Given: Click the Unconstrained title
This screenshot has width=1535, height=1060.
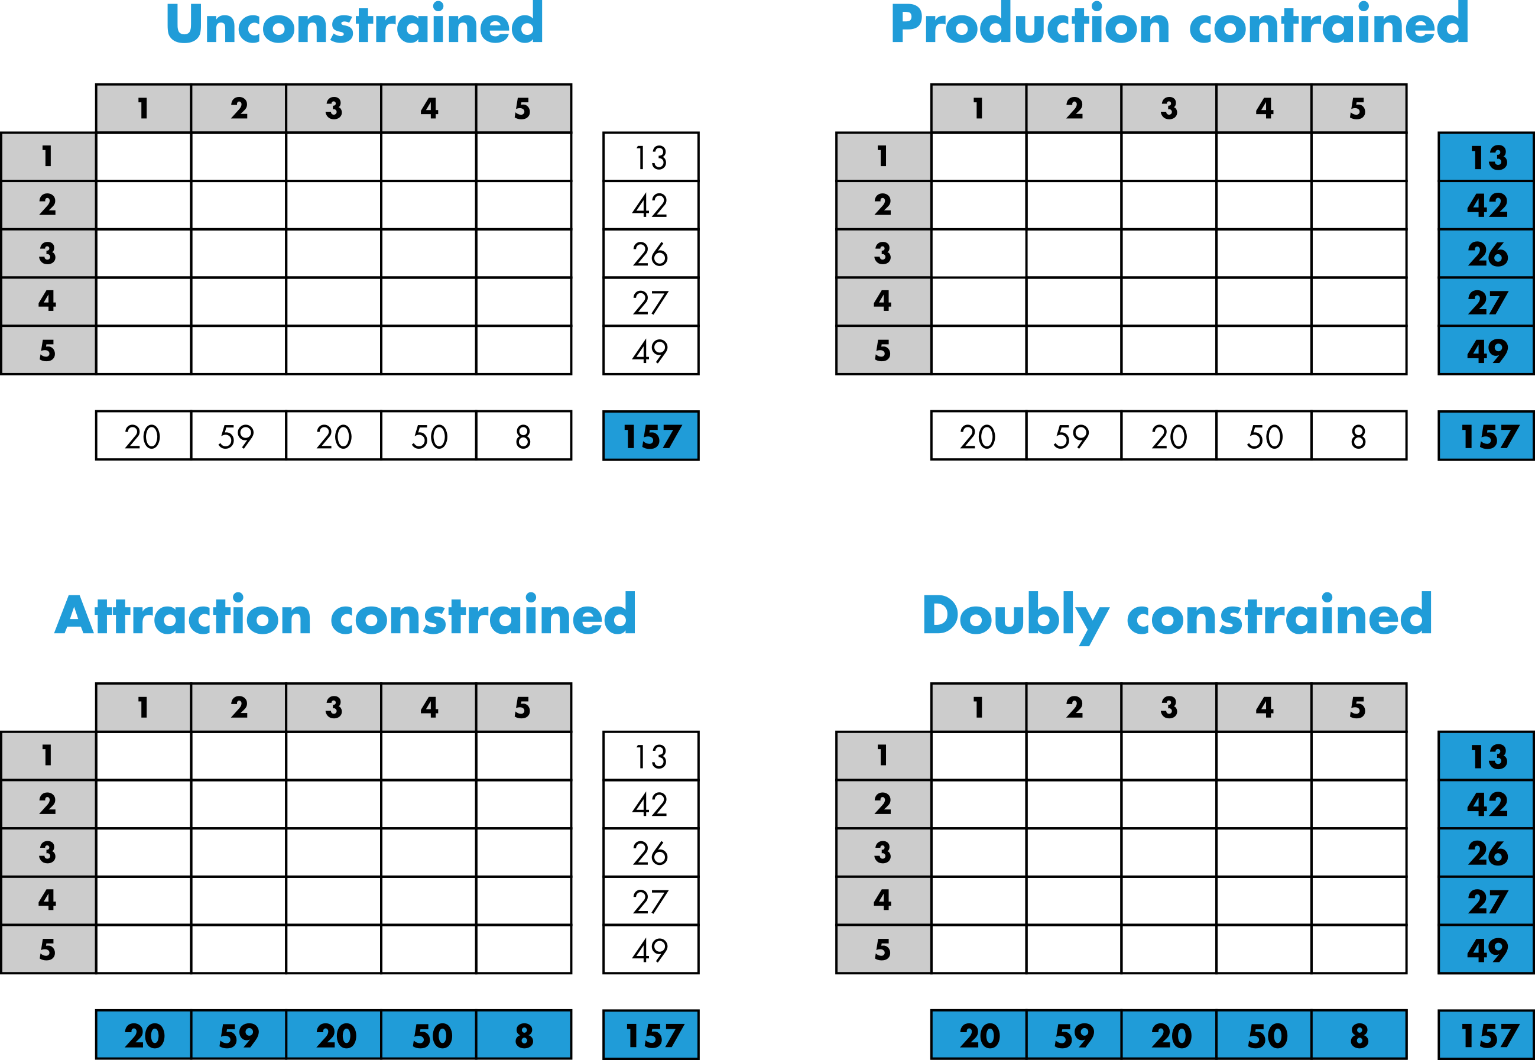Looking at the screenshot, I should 355,25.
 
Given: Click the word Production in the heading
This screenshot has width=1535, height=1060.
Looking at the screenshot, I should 1030,25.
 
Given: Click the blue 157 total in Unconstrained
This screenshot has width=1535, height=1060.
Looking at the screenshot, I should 651,436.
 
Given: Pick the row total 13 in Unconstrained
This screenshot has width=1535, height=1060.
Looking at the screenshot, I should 651,157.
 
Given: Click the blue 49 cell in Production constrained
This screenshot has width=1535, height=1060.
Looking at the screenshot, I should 1487,350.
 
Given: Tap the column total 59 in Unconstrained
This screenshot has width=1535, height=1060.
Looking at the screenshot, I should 238,436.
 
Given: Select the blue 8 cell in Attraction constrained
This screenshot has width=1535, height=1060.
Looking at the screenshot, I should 523,1035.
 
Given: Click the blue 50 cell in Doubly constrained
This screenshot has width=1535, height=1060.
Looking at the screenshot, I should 1264,1035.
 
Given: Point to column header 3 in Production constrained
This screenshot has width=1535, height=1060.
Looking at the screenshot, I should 1169,108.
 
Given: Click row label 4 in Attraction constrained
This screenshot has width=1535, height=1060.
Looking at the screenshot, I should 48,900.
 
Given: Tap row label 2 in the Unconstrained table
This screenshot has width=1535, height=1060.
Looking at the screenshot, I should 48,205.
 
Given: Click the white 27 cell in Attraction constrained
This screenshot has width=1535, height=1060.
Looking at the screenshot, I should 651,900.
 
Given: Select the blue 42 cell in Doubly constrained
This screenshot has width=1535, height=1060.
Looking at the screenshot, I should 1487,803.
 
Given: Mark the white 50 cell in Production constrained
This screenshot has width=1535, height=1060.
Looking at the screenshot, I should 1264,436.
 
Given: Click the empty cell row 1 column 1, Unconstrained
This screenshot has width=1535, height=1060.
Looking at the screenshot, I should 144,157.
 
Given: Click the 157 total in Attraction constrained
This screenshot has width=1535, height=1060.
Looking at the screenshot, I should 651,1035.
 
